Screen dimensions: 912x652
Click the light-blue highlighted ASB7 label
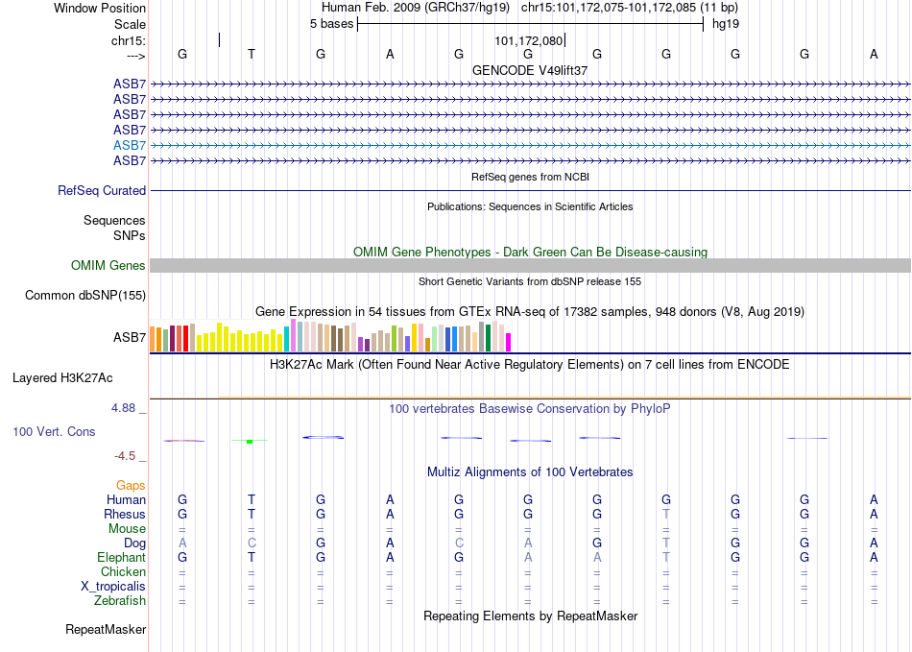click(x=130, y=145)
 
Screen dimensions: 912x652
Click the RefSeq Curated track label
click(x=102, y=191)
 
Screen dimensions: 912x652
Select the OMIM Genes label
click(x=108, y=266)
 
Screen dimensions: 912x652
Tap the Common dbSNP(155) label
click(x=85, y=296)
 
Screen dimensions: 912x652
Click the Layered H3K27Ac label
click(x=62, y=378)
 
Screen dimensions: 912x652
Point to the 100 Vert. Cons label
click(x=54, y=431)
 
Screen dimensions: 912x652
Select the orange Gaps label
click(x=131, y=485)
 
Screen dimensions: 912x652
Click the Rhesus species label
click(x=125, y=514)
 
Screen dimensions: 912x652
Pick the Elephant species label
click(x=121, y=557)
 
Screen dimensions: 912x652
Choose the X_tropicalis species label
click(x=113, y=587)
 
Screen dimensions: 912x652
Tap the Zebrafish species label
click(x=120, y=601)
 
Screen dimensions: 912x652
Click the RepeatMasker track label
click(x=106, y=629)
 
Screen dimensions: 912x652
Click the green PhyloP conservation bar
click(x=250, y=442)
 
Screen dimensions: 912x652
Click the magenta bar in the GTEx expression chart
click(x=509, y=342)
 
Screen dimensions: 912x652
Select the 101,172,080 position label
click(x=529, y=40)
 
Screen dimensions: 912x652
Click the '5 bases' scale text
click(x=331, y=24)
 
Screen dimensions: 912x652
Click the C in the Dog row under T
click(x=252, y=543)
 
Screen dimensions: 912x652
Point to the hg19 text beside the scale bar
click(x=726, y=24)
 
